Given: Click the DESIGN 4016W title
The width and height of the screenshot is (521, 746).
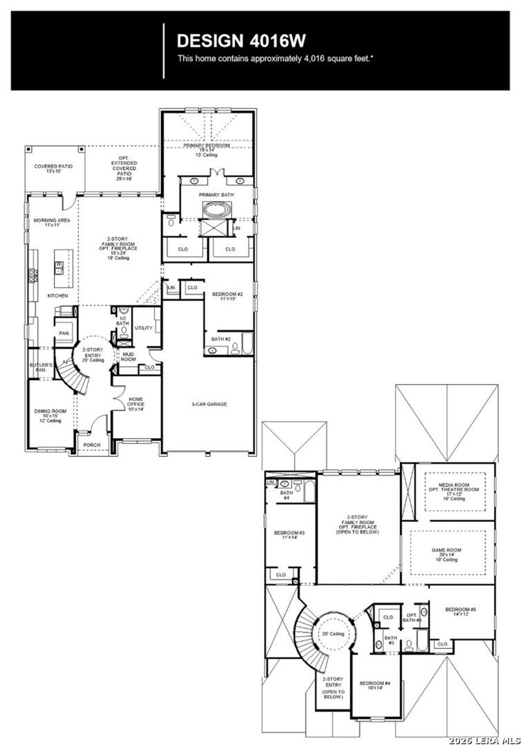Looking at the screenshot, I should click(241, 41).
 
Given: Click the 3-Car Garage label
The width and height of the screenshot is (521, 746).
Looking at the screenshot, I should click(209, 404).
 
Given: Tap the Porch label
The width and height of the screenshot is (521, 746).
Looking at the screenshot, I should click(92, 445).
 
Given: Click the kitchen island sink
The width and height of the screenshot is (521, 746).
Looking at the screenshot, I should click(59, 267).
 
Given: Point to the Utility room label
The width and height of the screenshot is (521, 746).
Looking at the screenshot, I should click(143, 328).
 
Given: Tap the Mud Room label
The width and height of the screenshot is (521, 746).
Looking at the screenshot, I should click(128, 357).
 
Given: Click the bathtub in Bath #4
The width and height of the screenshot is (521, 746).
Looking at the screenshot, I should click(309, 491).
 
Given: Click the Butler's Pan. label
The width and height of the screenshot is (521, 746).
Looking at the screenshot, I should click(41, 367).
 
